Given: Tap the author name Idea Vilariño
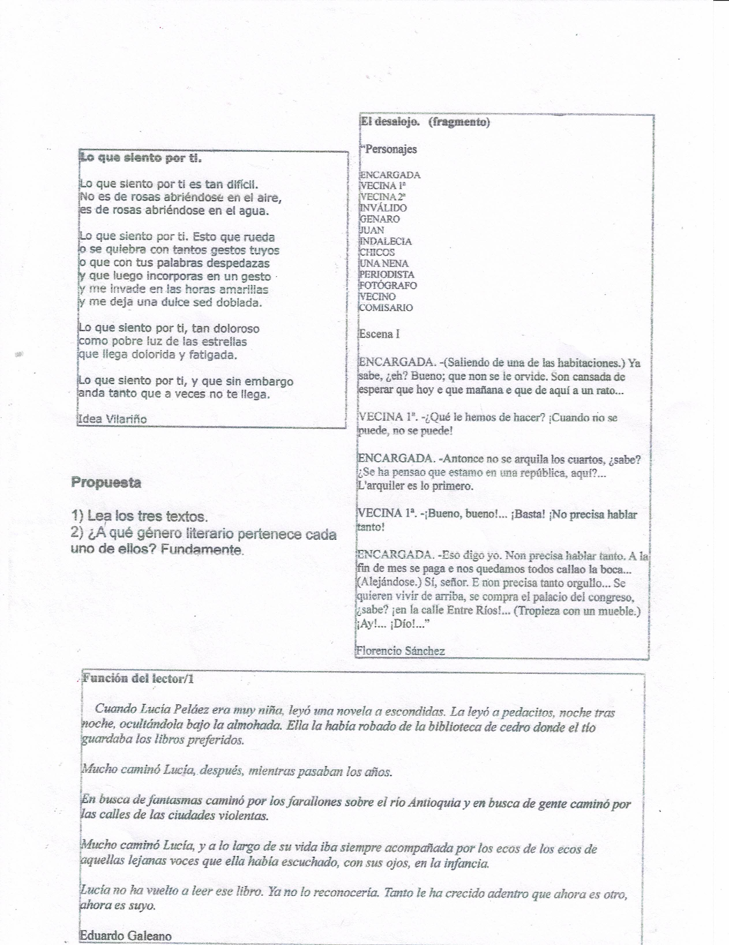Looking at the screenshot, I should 112,419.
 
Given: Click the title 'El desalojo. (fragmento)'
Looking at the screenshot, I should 425,122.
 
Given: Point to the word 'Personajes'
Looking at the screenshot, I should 391,149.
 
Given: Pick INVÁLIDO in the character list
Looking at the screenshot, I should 383,208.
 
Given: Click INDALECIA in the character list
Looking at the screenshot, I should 386,241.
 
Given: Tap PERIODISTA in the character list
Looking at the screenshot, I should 387,274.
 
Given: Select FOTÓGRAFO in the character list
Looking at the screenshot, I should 388,285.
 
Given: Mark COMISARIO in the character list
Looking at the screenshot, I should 386,308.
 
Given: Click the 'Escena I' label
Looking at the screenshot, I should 379,334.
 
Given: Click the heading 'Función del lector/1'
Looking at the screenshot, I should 138,679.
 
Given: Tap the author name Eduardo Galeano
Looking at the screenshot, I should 126,936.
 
